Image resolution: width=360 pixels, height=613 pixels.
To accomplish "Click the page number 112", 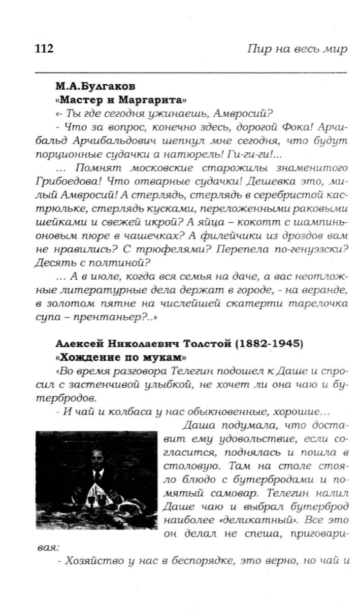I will (44, 49).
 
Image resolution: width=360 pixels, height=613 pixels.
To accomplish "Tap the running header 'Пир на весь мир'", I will (297, 49).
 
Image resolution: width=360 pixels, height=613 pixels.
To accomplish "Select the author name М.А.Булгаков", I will (95, 86).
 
